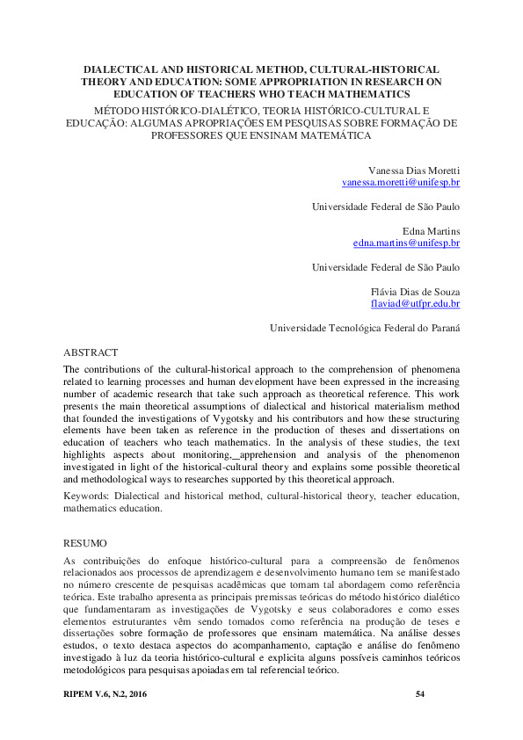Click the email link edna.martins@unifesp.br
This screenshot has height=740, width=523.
[406, 242]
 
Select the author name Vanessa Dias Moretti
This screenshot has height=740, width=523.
[411, 169]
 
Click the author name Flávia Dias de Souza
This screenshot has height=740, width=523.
[416, 290]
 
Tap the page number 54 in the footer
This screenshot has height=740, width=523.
[420, 696]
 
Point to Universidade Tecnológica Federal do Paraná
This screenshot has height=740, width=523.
[365, 327]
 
